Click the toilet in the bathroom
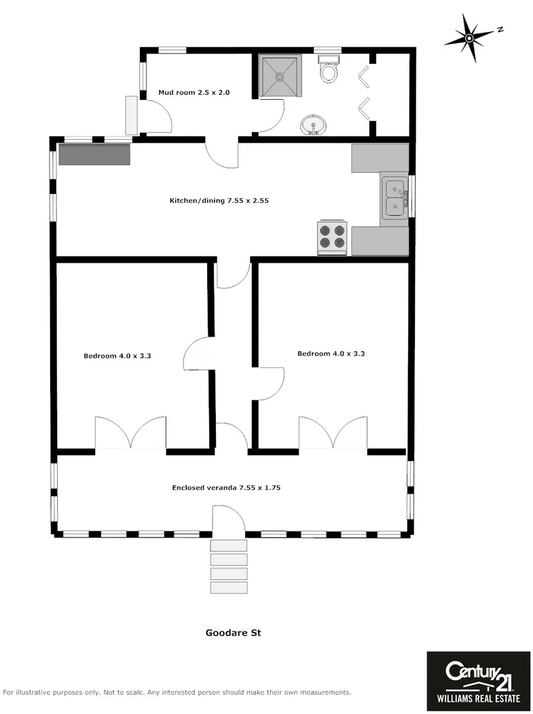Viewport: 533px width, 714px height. [329, 70]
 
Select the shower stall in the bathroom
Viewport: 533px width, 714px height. [280, 77]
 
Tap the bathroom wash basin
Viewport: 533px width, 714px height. [313, 125]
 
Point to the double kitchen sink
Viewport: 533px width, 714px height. [394, 198]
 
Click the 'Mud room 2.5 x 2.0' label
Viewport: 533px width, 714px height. [194, 92]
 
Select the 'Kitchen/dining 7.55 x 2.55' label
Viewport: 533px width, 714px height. [215, 201]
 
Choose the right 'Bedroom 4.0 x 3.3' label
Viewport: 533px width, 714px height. [331, 354]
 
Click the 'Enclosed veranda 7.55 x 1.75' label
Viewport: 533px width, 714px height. [227, 487]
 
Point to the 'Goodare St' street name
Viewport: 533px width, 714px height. [234, 633]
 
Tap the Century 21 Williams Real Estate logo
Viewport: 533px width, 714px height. [478, 681]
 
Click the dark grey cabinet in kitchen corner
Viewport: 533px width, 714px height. [94, 154]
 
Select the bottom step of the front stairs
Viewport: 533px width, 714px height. [229, 588]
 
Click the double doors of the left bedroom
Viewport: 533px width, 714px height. [130, 434]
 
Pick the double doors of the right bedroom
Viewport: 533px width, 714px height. [333, 433]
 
